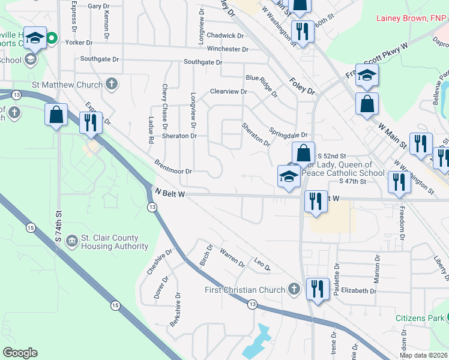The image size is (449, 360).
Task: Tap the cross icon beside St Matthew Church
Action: coord(112,84)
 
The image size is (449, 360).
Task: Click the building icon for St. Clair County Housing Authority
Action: coord(71,241)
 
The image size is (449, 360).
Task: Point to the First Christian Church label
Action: coord(243,290)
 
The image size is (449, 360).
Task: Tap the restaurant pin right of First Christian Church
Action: coord(315,289)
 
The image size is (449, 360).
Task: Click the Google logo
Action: coord(20,353)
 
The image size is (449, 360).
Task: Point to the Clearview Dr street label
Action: coord(228,91)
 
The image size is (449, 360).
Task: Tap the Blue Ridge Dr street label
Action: coord(262,85)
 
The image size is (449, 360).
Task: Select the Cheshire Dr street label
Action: coord(156,262)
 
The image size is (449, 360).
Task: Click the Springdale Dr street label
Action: coord(288,134)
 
